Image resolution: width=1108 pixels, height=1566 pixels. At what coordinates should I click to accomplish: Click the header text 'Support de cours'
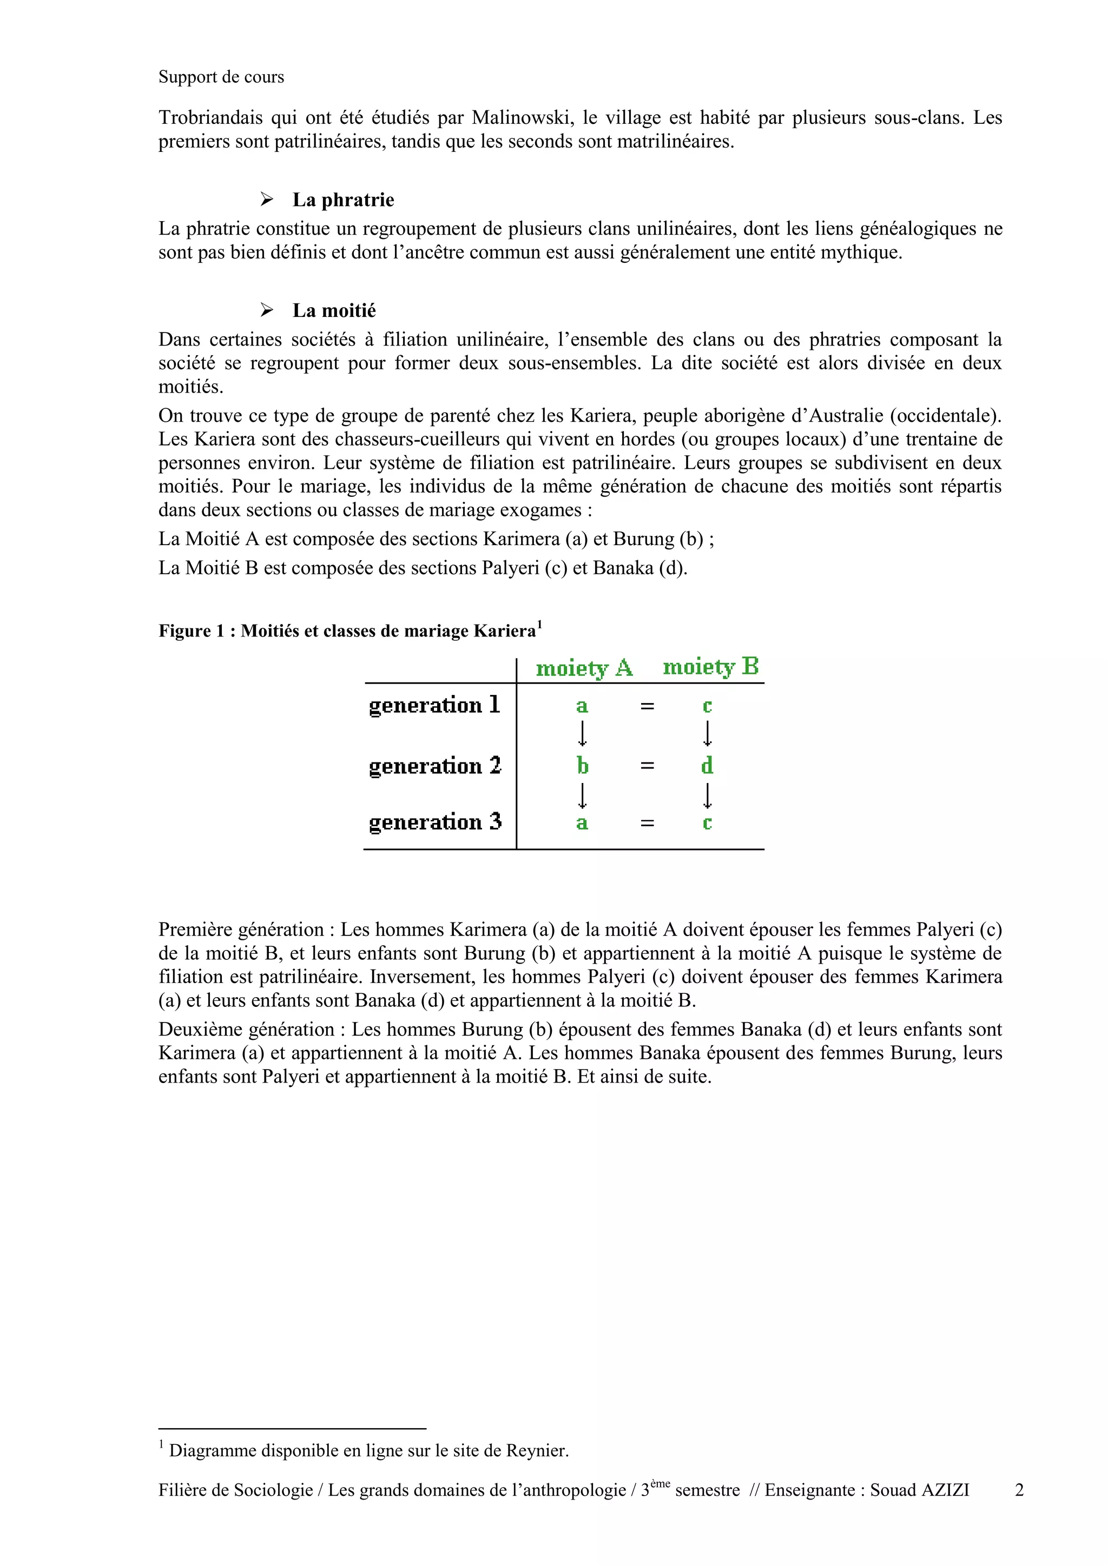tap(221, 77)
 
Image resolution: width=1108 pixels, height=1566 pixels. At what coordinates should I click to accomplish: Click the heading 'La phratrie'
tap(343, 200)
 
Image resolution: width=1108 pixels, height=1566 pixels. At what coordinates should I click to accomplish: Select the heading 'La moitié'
tap(334, 311)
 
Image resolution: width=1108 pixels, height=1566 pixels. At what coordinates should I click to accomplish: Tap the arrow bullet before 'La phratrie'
tap(267, 200)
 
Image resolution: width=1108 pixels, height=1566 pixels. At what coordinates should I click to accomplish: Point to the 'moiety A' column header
tap(584, 668)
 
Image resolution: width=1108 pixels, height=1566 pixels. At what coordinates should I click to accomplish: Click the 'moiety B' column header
tap(710, 666)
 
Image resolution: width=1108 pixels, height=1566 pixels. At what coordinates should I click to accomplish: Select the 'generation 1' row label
tap(434, 705)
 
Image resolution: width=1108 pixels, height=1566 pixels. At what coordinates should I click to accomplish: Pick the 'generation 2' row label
tap(434, 766)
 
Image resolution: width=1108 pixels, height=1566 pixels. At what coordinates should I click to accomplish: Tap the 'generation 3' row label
tap(434, 822)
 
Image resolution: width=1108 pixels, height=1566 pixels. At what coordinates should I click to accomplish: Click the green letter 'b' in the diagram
tap(582, 765)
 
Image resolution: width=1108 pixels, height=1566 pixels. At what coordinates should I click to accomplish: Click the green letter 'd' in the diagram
tap(707, 765)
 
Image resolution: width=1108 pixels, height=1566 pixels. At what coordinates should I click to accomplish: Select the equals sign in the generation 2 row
tap(648, 766)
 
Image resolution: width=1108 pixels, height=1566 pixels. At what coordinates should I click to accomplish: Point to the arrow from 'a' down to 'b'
tap(583, 734)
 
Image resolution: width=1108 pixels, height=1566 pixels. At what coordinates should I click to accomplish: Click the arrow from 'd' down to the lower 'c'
tap(708, 794)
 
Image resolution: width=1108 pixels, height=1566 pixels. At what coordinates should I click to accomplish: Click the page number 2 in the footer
tap(1019, 1490)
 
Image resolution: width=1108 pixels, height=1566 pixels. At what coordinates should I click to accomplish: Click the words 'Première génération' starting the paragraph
tap(241, 930)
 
